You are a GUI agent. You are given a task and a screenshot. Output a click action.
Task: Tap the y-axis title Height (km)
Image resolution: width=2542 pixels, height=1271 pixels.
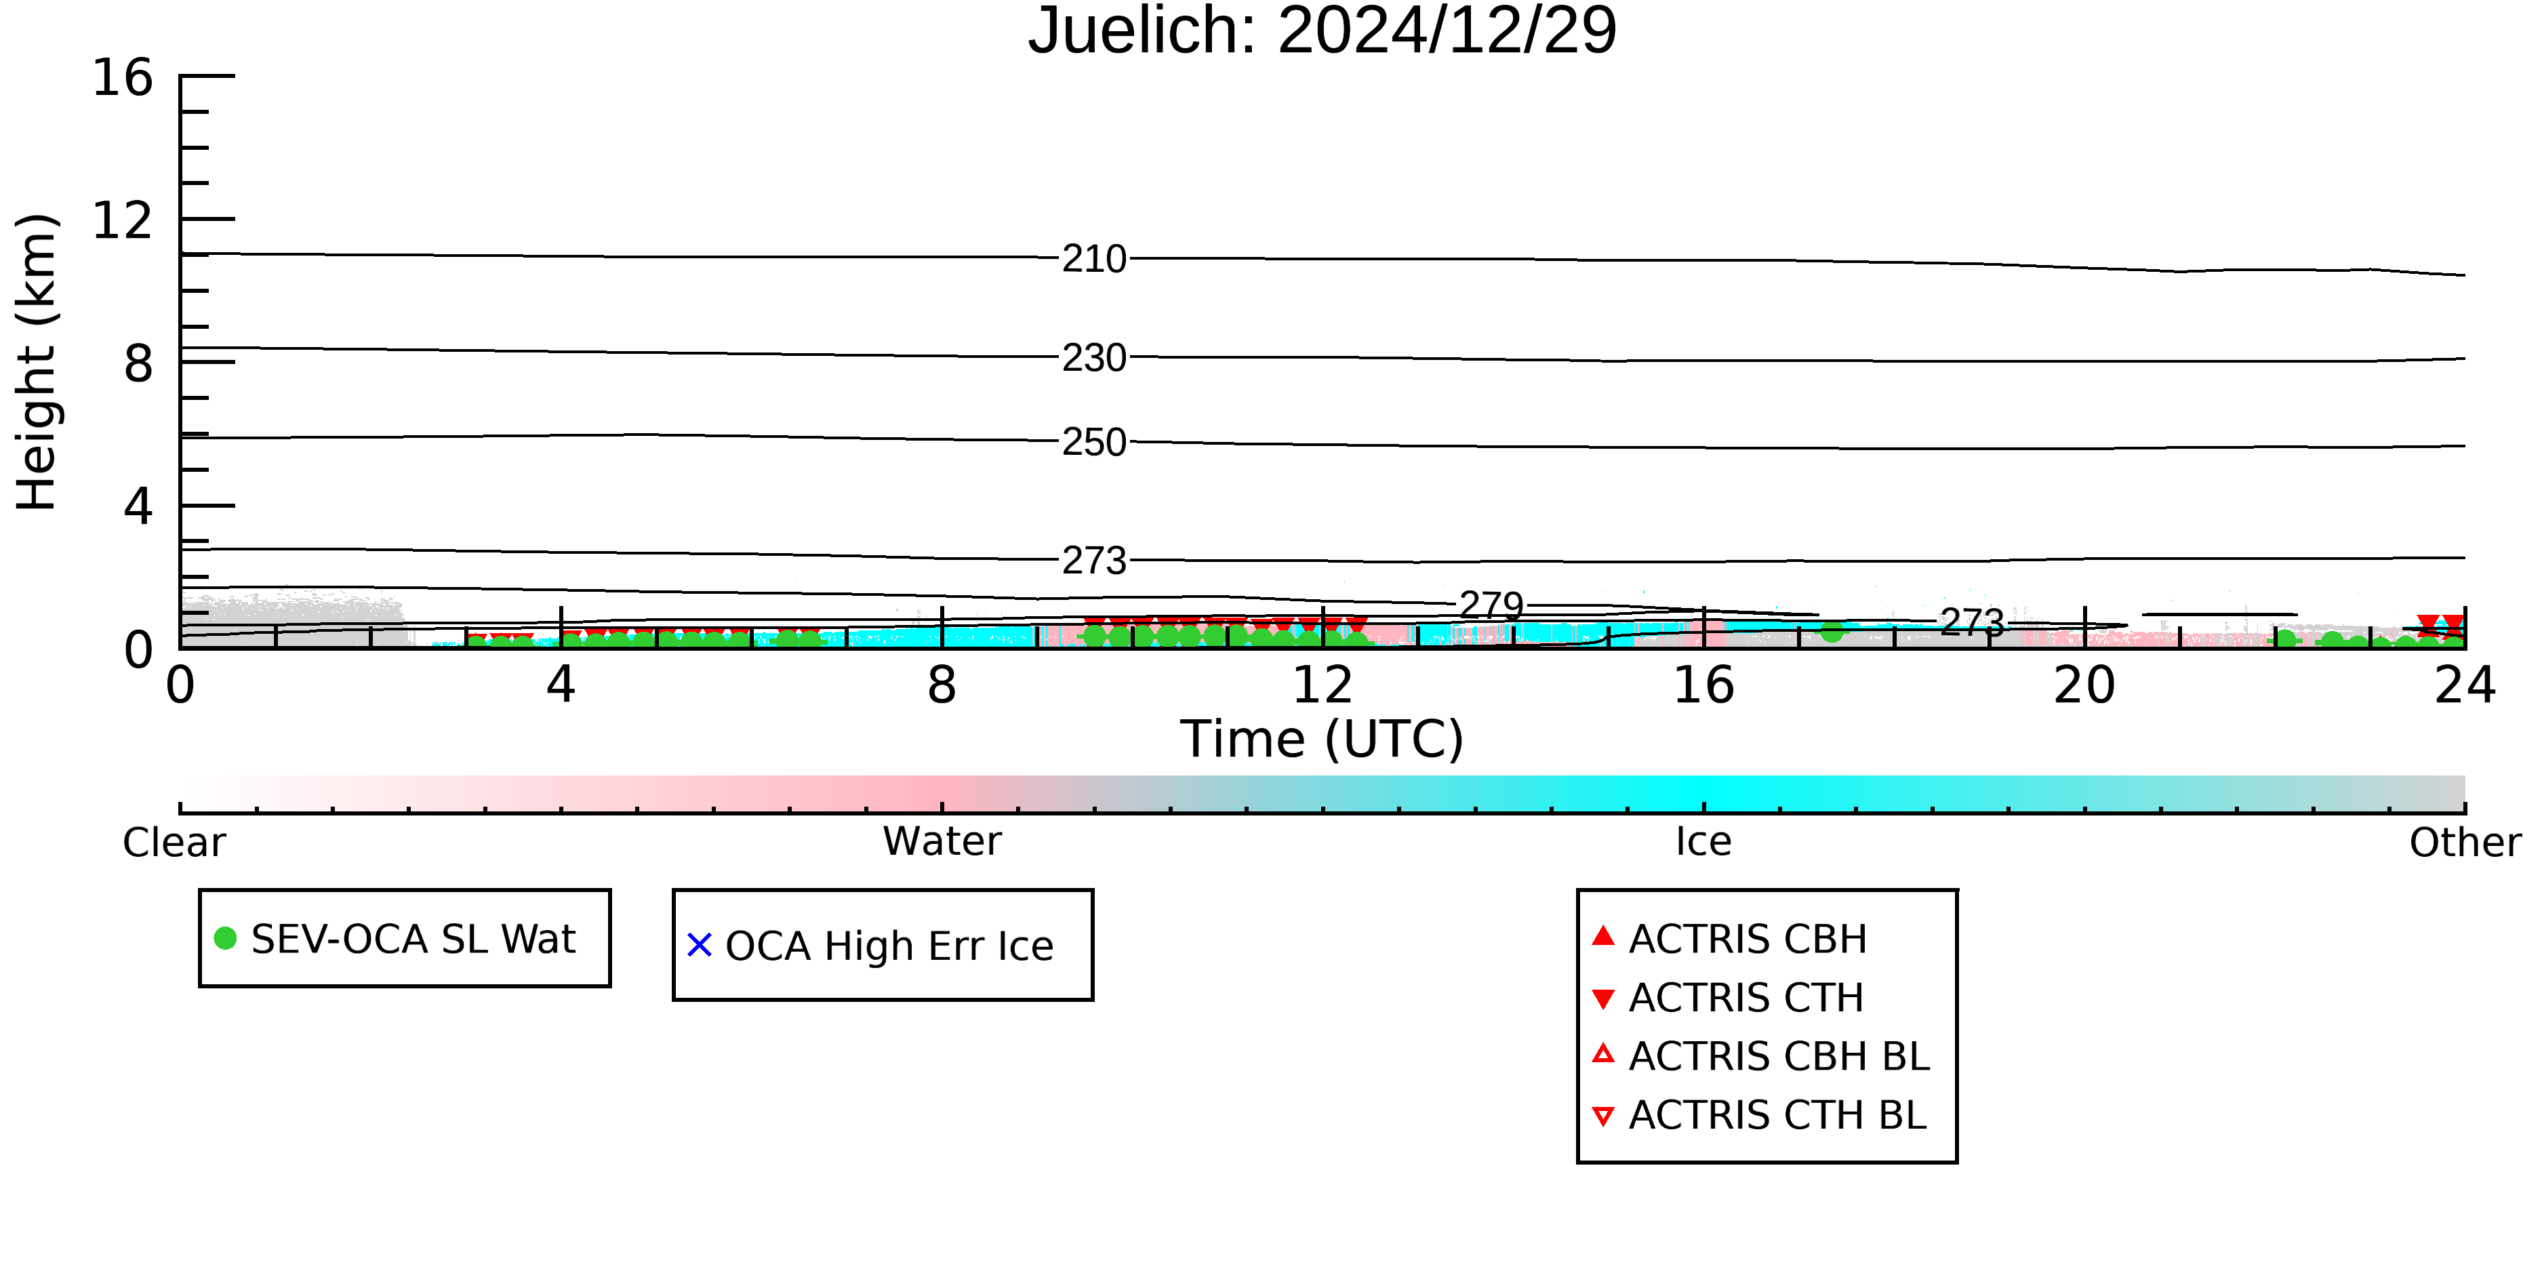click(x=37, y=362)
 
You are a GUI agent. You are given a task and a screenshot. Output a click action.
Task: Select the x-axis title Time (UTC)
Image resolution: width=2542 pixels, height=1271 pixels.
click(x=1323, y=739)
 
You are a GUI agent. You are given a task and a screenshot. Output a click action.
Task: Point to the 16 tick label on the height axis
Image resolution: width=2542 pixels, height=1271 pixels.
click(x=123, y=77)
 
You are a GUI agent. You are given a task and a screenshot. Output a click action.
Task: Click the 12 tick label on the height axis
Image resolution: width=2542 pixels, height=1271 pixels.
click(x=123, y=220)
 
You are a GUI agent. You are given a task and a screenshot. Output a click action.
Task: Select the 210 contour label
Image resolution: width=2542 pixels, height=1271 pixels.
click(x=1094, y=260)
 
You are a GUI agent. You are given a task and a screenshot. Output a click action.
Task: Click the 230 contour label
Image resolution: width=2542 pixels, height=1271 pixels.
click(x=1094, y=358)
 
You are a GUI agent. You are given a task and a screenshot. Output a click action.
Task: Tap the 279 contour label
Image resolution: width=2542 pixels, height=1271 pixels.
click(x=1492, y=605)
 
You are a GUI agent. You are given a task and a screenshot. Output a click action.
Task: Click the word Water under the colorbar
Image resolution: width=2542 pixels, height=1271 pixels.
click(x=942, y=842)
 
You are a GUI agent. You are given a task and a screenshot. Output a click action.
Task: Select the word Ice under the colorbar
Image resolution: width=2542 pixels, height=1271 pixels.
click(x=1703, y=842)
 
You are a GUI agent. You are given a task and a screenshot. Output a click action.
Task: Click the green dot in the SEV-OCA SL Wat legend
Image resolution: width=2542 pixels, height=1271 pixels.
click(x=225, y=938)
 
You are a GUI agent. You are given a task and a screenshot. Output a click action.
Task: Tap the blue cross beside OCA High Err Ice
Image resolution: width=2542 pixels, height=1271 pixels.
click(x=700, y=946)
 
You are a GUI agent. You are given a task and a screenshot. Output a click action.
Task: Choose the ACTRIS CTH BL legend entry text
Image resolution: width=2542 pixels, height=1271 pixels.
click(x=1778, y=1115)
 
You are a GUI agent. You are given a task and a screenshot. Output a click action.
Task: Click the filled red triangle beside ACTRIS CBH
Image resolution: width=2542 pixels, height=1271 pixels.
click(x=1604, y=935)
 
